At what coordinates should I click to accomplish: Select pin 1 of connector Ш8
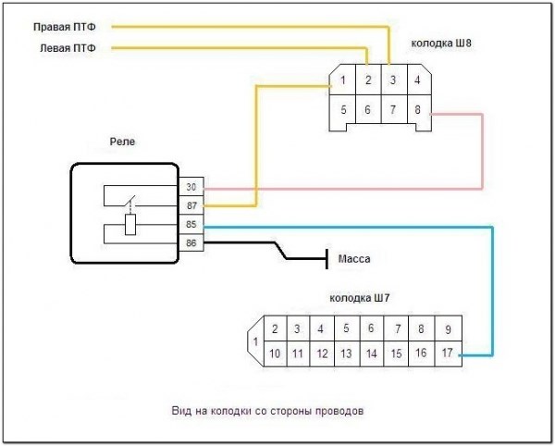(343, 81)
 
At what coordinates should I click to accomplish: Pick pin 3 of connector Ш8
(393, 81)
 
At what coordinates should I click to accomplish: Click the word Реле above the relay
(123, 143)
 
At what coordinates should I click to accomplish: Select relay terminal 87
(191, 204)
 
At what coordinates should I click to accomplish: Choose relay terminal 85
(191, 224)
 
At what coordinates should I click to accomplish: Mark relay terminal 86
(191, 242)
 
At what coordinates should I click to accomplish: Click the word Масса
(356, 259)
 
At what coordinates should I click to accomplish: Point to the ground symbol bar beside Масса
(326, 259)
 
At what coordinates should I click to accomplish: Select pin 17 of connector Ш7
(447, 353)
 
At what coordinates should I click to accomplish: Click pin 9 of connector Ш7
(447, 328)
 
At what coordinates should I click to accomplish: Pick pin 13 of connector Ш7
(345, 353)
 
